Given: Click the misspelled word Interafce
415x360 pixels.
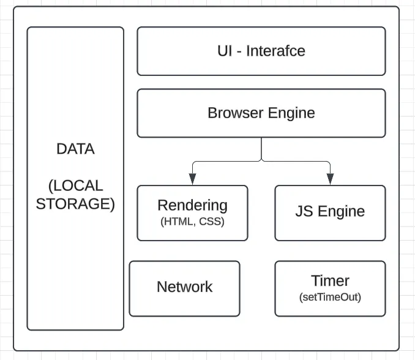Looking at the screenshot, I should (x=275, y=51).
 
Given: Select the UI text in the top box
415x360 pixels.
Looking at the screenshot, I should (x=225, y=51).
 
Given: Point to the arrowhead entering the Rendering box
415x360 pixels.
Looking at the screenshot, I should (x=192, y=178).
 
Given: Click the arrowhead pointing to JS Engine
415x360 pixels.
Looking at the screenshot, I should (x=330, y=178).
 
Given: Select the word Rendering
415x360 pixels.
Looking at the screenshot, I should (x=192, y=206).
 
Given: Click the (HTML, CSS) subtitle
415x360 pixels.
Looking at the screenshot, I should (x=192, y=222).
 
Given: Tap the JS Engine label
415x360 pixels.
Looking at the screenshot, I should (x=330, y=212).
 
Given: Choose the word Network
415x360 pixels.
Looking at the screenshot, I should (x=184, y=287).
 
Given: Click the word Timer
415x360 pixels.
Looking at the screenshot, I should (x=330, y=281).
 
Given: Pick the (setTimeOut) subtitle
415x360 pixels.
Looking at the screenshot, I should (x=330, y=298).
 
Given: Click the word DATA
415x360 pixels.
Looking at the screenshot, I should (x=75, y=149).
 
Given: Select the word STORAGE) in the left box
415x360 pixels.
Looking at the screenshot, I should (x=75, y=204).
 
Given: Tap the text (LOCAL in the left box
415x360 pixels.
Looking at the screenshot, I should (x=75, y=186).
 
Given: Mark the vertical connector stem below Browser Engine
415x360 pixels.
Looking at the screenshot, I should (x=261, y=148).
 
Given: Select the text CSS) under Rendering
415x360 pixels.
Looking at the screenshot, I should (x=212, y=222).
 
